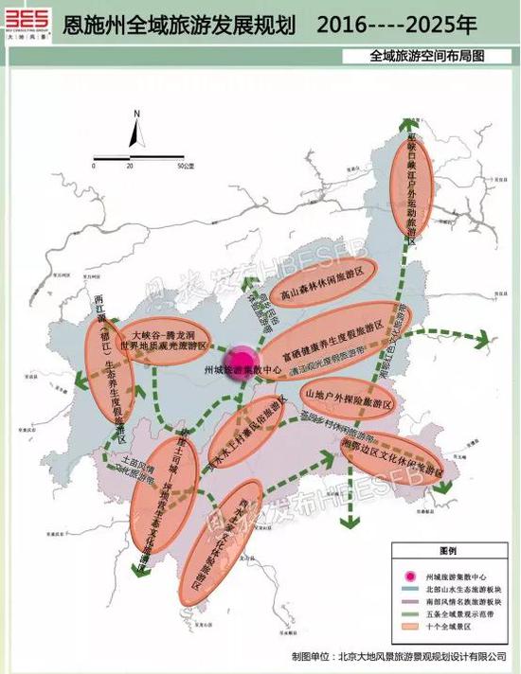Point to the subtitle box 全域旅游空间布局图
(x=428, y=55)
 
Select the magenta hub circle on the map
(x=244, y=362)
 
